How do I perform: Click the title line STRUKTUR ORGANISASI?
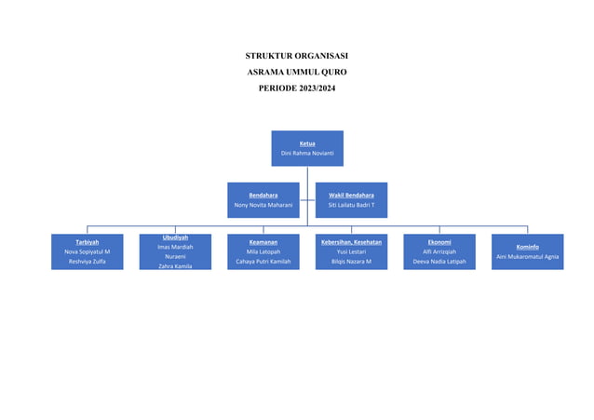297,56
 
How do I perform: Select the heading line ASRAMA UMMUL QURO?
297,72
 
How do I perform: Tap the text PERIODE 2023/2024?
297,88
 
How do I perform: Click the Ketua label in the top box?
307,143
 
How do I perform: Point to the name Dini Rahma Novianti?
307,153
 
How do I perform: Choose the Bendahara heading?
263,195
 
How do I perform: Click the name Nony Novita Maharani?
263,204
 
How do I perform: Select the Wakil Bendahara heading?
351,195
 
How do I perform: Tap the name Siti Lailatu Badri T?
351,204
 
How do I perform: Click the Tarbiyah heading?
87,242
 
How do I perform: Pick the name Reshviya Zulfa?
87,262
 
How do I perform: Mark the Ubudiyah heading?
175,237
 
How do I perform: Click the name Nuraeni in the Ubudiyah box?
175,256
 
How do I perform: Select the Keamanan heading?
263,242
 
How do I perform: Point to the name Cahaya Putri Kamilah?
263,262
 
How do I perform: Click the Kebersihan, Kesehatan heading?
351,242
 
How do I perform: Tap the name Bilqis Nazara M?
351,262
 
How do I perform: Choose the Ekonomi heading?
439,242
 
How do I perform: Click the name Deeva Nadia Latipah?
439,262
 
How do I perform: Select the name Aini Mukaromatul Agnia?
527,256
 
